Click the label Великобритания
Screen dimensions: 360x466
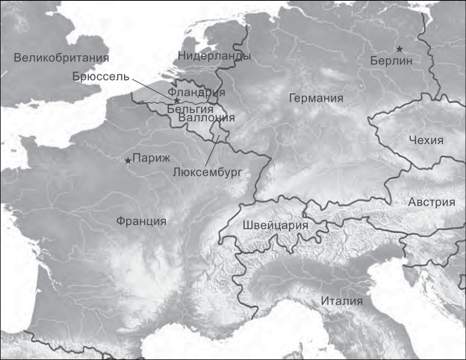pyautogui.click(x=61, y=58)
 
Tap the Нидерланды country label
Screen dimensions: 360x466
pyautogui.click(x=214, y=56)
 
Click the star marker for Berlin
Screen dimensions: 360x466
pyautogui.click(x=400, y=49)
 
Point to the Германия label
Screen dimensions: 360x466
pyautogui.click(x=316, y=98)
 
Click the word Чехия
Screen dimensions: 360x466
pyautogui.click(x=426, y=140)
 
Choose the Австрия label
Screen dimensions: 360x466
pyautogui.click(x=432, y=202)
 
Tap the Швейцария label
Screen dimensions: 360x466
pyautogui.click(x=276, y=225)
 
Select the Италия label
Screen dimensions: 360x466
pyautogui.click(x=341, y=301)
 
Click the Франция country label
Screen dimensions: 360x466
pyautogui.click(x=141, y=220)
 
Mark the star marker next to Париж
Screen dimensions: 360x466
pyautogui.click(x=128, y=160)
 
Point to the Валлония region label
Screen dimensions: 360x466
pyautogui.click(x=207, y=117)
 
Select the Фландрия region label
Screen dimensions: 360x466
pyautogui.click(x=196, y=93)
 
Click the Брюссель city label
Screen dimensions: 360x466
pyautogui.click(x=102, y=76)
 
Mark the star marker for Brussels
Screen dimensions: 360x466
pyautogui.click(x=176, y=100)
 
